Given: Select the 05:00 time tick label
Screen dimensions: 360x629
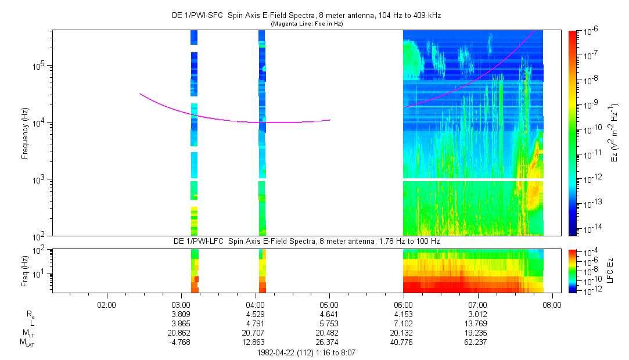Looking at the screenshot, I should pyautogui.click(x=329, y=304).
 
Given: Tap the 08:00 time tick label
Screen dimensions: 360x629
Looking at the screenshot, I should pyautogui.click(x=552, y=304).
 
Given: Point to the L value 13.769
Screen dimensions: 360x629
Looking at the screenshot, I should pyautogui.click(x=477, y=323).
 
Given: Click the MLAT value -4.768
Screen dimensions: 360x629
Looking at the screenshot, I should pyautogui.click(x=181, y=341).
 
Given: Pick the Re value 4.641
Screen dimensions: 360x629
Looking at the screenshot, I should pyautogui.click(x=329, y=314).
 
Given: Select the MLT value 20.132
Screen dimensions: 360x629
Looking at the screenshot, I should pyautogui.click(x=404, y=332).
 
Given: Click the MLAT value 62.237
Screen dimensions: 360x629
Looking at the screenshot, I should pyautogui.click(x=477, y=341).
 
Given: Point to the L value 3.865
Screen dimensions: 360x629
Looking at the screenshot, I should pyautogui.click(x=181, y=323).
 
